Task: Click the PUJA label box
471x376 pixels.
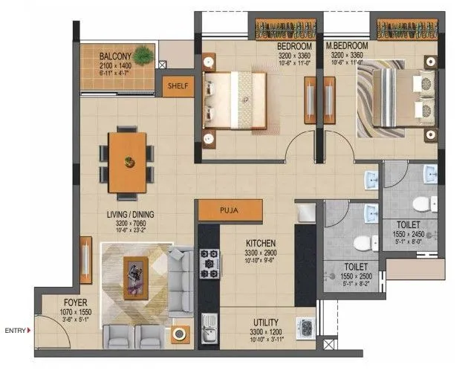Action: pyautogui.click(x=228, y=211)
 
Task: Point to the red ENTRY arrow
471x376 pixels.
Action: pyautogui.click(x=29, y=330)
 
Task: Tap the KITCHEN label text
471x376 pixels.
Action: pyautogui.click(x=260, y=244)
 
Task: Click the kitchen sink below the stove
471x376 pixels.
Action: pyautogui.click(x=209, y=328)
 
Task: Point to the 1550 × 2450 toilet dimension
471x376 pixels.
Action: pyautogui.click(x=409, y=233)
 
